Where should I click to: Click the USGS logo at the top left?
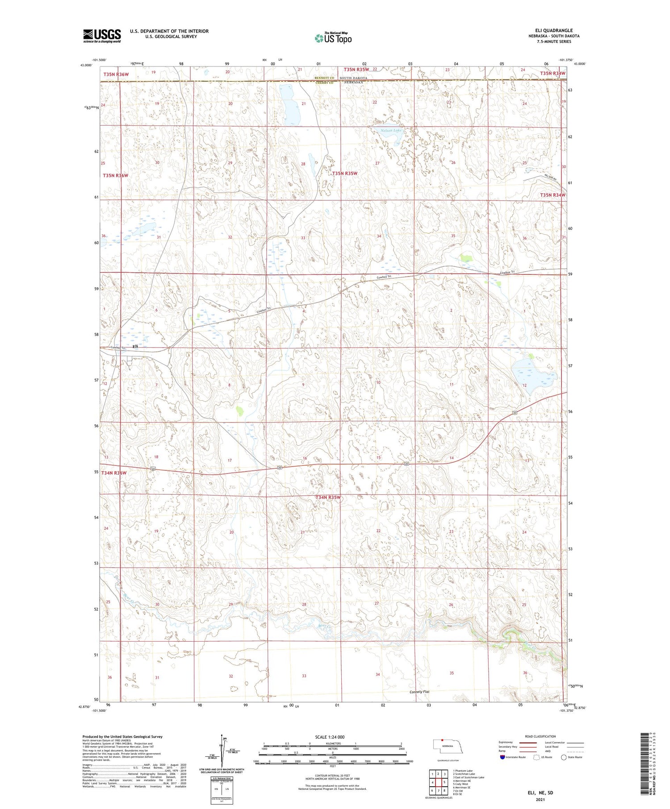[x=102, y=36]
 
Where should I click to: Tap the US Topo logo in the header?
[x=333, y=38]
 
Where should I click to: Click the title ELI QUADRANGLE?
[x=553, y=30]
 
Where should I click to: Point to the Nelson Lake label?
[x=391, y=130]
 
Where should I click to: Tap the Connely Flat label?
[x=419, y=692]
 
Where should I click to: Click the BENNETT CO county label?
[x=325, y=78]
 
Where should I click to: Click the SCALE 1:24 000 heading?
[x=332, y=737]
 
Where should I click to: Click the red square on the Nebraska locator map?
[x=442, y=740]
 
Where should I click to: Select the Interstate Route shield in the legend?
[x=502, y=757]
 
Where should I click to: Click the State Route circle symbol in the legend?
[x=564, y=757]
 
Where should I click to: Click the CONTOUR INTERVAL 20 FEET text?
[x=332, y=776]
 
